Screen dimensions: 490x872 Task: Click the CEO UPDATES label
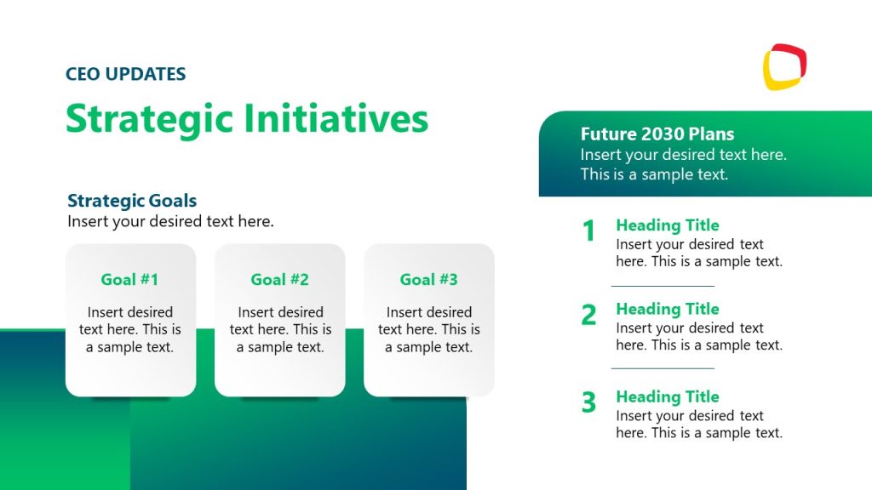(x=125, y=74)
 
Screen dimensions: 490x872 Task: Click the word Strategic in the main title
(x=149, y=118)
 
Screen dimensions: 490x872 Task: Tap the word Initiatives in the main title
(x=336, y=118)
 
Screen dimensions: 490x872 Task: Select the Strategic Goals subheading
(x=132, y=201)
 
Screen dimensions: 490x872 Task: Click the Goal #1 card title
(x=129, y=279)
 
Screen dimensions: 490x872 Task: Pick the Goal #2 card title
(x=279, y=279)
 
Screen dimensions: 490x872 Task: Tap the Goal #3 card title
(x=428, y=279)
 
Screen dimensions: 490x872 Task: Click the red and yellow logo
(x=784, y=66)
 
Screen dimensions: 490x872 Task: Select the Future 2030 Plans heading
(x=657, y=134)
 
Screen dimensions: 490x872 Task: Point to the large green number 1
(x=588, y=231)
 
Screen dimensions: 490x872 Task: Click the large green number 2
(x=588, y=315)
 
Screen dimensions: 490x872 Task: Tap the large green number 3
(x=588, y=402)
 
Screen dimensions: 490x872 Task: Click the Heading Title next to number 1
(x=667, y=225)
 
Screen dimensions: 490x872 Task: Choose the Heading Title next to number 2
(x=667, y=309)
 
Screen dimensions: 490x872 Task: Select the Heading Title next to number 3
(x=667, y=396)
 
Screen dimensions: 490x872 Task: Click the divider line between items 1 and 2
(x=663, y=286)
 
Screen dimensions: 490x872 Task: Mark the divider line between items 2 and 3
(x=663, y=368)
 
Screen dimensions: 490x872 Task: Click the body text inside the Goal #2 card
(x=279, y=329)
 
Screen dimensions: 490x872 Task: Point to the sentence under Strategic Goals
(x=170, y=221)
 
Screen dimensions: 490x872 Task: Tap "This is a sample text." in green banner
(x=654, y=174)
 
